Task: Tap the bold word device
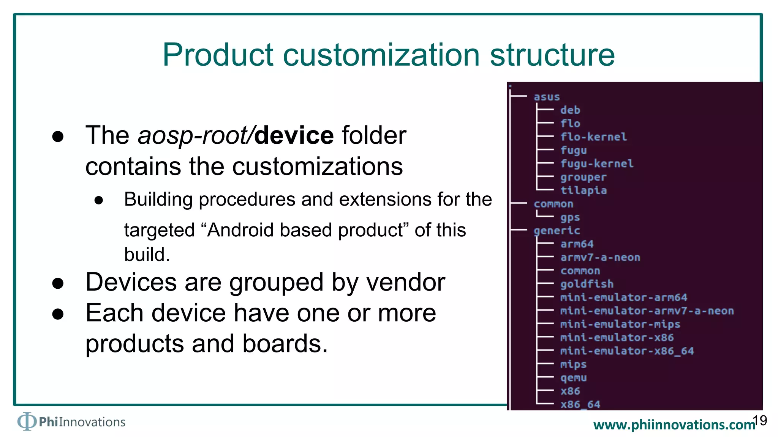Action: click(x=294, y=135)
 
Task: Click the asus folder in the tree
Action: click(x=547, y=97)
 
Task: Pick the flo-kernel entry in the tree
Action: click(x=593, y=137)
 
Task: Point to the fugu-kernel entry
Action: click(x=597, y=164)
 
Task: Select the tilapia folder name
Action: click(x=583, y=190)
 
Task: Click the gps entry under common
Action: click(x=570, y=217)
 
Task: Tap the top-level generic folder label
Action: click(x=557, y=231)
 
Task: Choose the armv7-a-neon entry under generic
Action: click(x=600, y=258)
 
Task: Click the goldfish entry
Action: click(x=587, y=284)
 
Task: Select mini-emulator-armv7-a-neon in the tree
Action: click(x=647, y=311)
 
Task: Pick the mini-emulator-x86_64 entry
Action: click(x=627, y=351)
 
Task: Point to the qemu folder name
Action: click(x=574, y=378)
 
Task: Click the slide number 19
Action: click(x=760, y=420)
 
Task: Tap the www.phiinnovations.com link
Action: click(x=674, y=425)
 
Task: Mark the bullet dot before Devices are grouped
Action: click(x=58, y=283)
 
